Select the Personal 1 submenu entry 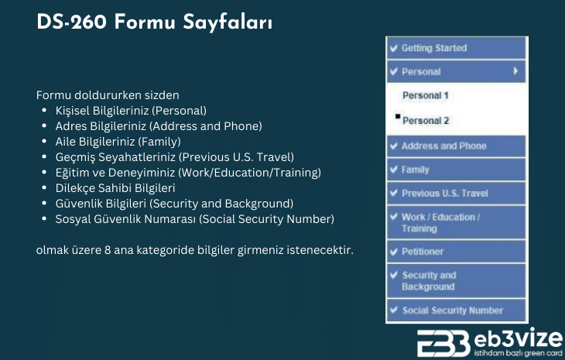[425, 96]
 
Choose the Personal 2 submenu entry [426, 121]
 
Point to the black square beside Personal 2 [397, 117]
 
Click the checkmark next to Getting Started [394, 48]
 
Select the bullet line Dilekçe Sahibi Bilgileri [115, 188]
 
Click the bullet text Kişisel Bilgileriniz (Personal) [131, 111]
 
